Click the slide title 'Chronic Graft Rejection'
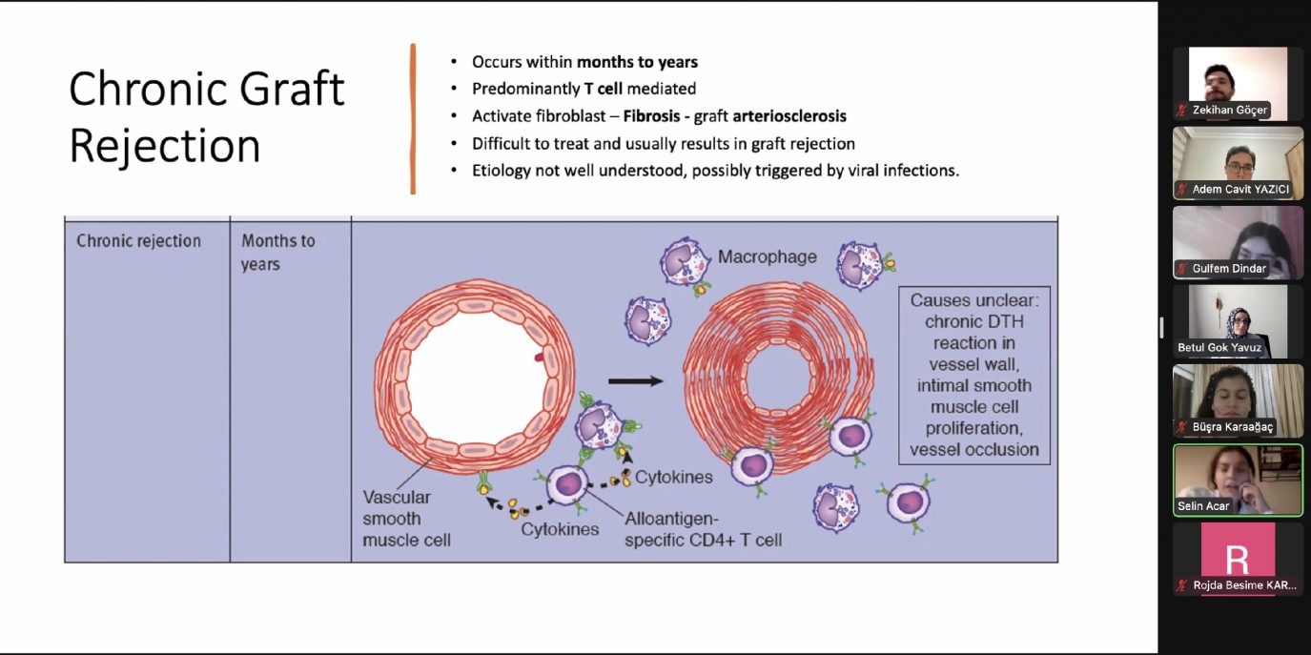pyautogui.click(x=206, y=117)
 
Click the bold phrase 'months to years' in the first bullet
pyautogui.click(x=637, y=62)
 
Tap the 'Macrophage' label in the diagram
pyautogui.click(x=767, y=256)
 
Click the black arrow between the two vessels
pyautogui.click(x=635, y=381)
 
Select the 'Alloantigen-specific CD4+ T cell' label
pyautogui.click(x=703, y=530)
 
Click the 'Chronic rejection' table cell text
pyautogui.click(x=138, y=241)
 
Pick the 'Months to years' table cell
pyautogui.click(x=277, y=252)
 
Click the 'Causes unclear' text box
pyautogui.click(x=973, y=375)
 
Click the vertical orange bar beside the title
pyautogui.click(x=413, y=118)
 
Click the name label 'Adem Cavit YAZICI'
pyautogui.click(x=1239, y=189)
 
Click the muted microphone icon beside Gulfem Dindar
pyautogui.click(x=1182, y=269)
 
